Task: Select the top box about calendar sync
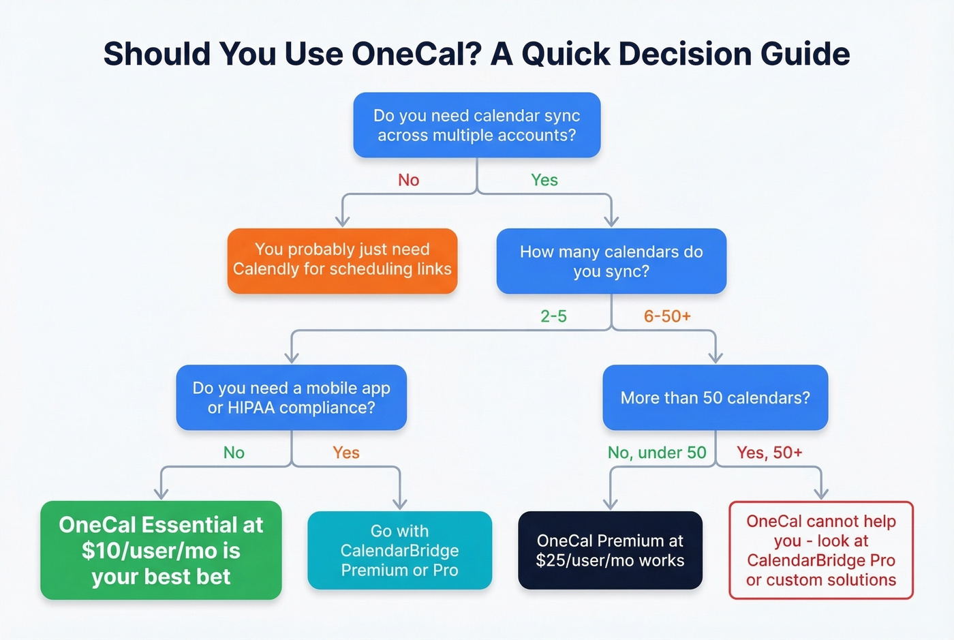(x=476, y=125)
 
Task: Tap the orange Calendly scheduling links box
(x=342, y=260)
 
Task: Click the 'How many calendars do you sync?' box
(x=611, y=261)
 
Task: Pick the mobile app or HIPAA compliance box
(x=291, y=397)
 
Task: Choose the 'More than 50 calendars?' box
(x=715, y=397)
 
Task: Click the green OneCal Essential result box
(x=161, y=550)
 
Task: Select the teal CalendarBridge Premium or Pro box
(x=399, y=550)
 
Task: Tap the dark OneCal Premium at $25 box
(x=610, y=550)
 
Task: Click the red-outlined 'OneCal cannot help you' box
(x=820, y=550)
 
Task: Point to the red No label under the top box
(x=408, y=180)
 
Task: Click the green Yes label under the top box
(x=544, y=180)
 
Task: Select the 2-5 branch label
(x=553, y=316)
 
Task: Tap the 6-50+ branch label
(x=667, y=316)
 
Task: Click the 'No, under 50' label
(x=657, y=453)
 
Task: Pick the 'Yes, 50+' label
(x=769, y=453)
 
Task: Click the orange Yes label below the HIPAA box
(x=345, y=453)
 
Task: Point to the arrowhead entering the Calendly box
(x=343, y=221)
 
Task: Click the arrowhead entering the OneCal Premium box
(x=611, y=504)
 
